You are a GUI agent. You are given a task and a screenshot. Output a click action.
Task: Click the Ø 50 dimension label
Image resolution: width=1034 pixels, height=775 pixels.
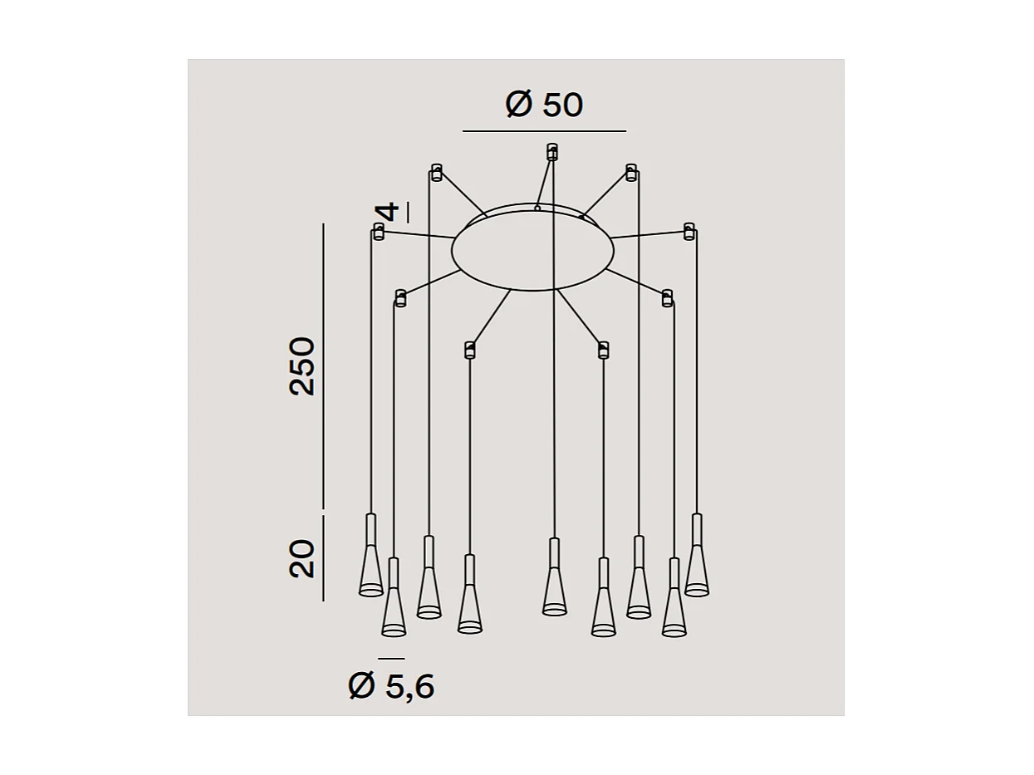tap(544, 105)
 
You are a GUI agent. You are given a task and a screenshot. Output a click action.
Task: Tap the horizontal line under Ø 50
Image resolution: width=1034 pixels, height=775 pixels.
tap(544, 131)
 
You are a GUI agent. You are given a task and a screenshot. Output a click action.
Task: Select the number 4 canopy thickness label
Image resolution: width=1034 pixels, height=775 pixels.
tap(389, 211)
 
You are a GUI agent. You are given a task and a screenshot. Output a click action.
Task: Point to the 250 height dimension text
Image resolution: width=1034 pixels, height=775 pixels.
tap(302, 365)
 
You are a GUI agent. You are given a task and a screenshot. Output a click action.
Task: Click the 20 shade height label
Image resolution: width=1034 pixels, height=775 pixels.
tap(302, 558)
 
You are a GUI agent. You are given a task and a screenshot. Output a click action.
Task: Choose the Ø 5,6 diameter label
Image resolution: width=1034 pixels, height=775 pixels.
tap(391, 686)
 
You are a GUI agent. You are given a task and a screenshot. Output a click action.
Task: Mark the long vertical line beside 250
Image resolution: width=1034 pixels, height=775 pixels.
tap(323, 365)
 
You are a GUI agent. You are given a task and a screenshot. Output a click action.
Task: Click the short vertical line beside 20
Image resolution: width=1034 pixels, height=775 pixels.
tap(323, 558)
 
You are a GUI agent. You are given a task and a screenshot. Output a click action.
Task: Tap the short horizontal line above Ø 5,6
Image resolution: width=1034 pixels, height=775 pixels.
tap(391, 659)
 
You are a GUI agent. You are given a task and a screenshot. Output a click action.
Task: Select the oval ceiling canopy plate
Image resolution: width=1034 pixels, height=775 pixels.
tap(532, 249)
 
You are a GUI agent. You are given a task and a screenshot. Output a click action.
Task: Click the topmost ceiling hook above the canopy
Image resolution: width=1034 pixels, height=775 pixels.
tap(551, 151)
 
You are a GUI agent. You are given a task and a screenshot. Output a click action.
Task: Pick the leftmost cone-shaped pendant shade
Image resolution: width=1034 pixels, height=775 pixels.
tap(371, 565)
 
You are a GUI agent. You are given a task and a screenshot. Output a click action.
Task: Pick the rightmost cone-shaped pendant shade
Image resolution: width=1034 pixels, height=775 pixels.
tap(697, 565)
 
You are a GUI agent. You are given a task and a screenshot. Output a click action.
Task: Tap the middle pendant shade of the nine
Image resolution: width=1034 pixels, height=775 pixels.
tap(555, 586)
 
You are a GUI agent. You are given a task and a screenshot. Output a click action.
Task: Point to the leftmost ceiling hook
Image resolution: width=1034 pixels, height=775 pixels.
tap(379, 231)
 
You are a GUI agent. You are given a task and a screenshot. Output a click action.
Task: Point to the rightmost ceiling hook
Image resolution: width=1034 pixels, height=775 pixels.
tap(689, 231)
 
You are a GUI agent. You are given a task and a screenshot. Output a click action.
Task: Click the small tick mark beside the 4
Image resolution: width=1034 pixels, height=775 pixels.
tap(408, 212)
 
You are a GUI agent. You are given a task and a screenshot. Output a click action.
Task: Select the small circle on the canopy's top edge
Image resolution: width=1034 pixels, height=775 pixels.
tap(537, 208)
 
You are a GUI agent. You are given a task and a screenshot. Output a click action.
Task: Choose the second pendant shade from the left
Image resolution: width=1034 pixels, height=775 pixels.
tap(394, 606)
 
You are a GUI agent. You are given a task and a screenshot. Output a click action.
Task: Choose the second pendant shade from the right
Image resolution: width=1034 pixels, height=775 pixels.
tap(674, 606)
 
